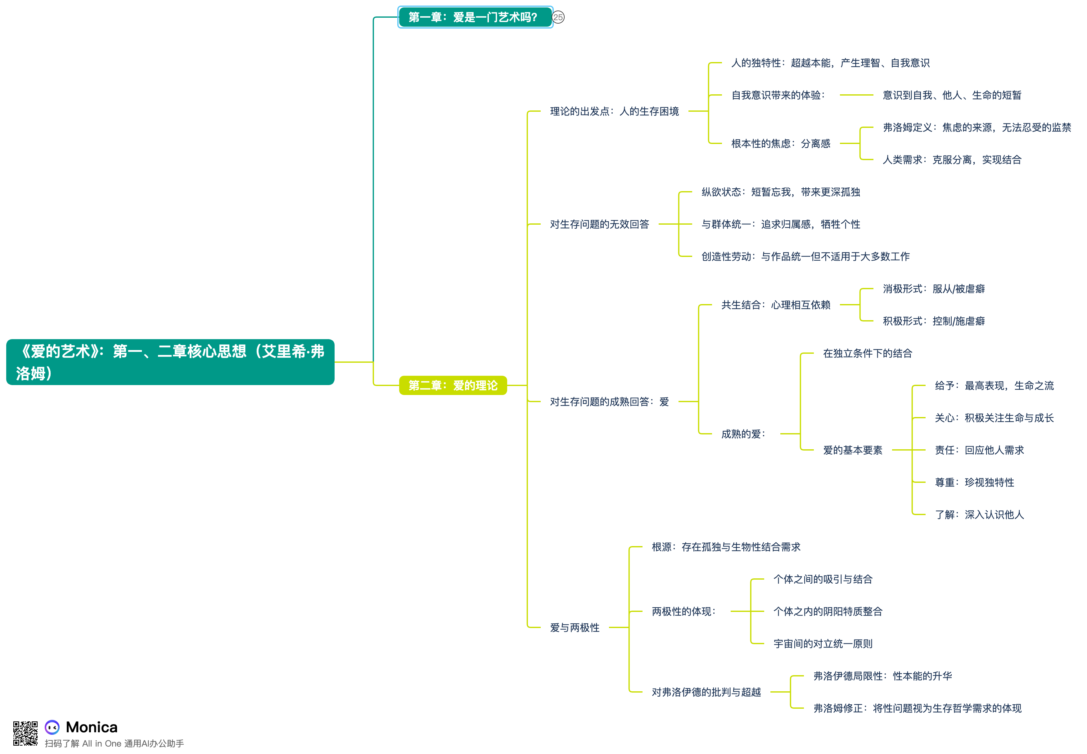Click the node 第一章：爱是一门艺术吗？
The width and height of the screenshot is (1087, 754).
(x=475, y=17)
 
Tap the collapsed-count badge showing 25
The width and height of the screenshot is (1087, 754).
(x=558, y=17)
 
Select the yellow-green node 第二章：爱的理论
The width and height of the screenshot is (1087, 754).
(x=453, y=385)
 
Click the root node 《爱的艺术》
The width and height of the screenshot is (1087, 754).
(x=170, y=362)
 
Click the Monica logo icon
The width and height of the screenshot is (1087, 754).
(x=52, y=727)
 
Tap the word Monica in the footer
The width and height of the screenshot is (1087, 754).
(x=92, y=727)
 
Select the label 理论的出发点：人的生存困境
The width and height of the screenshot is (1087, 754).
(x=614, y=111)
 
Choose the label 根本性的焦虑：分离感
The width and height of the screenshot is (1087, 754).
(x=780, y=144)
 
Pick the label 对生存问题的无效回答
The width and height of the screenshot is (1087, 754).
(x=599, y=224)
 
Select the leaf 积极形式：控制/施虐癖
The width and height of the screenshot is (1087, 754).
(x=933, y=321)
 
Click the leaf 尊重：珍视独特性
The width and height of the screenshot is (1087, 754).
(x=974, y=482)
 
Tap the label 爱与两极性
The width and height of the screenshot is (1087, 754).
(x=574, y=628)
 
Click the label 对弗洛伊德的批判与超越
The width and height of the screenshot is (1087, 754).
(x=706, y=692)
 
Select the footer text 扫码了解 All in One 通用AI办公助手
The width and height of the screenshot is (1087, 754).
(x=114, y=744)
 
